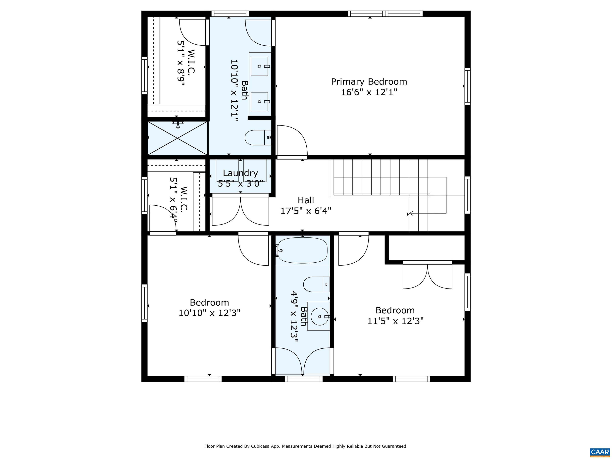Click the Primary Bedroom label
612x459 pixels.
pyautogui.click(x=369, y=82)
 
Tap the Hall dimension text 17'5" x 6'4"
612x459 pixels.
pyautogui.click(x=306, y=211)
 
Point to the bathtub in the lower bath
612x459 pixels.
pyautogui.click(x=302, y=250)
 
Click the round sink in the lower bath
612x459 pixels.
pyautogui.click(x=320, y=316)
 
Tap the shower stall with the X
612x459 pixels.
pyautogui.click(x=177, y=138)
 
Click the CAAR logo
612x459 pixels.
pyautogui.click(x=600, y=452)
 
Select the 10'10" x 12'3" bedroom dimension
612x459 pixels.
pyautogui.click(x=209, y=313)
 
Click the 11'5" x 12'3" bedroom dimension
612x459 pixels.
pyautogui.click(x=395, y=321)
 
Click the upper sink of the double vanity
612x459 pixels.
pyautogui.click(x=260, y=66)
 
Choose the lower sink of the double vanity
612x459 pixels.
pyautogui.click(x=260, y=102)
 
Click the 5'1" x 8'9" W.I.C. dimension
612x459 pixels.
pyautogui.click(x=181, y=63)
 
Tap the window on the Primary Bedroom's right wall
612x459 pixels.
pyautogui.click(x=467, y=86)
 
